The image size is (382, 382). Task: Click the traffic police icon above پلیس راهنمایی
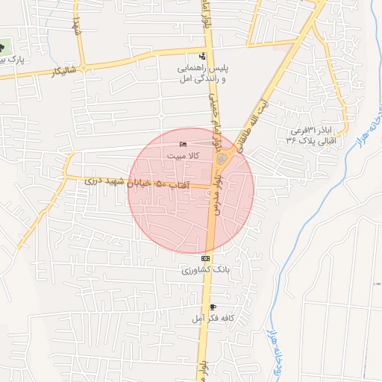pos(203,56)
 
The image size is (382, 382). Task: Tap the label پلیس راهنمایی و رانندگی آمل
pos(201,72)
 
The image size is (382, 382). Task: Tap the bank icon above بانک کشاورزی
pos(205,258)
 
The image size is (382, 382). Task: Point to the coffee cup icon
pos(213,307)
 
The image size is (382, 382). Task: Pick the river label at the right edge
pos(372,122)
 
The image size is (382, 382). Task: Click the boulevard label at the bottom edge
pos(203,370)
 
